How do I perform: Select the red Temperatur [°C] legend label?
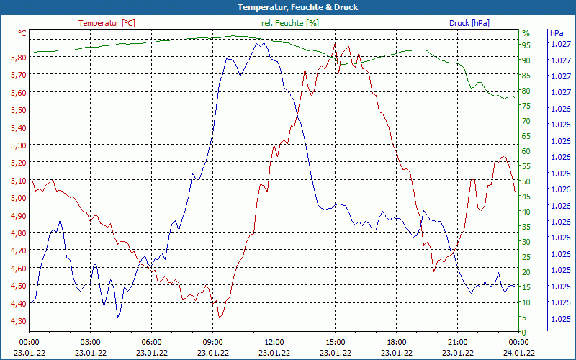(x=107, y=23)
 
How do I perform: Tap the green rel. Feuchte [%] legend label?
(x=289, y=23)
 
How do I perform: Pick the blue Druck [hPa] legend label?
(x=469, y=23)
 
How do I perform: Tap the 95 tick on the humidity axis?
(x=526, y=45)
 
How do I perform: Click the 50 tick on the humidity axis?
(x=526, y=181)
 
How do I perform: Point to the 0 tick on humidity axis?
(x=524, y=332)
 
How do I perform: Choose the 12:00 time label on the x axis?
(x=274, y=342)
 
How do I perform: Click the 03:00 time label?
(x=91, y=342)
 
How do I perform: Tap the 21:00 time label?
(x=458, y=342)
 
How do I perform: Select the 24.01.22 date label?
(x=519, y=353)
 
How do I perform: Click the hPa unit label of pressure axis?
(x=557, y=33)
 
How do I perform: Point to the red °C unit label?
(x=22, y=33)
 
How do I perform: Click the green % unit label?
(x=526, y=33)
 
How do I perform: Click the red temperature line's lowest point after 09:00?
(x=220, y=318)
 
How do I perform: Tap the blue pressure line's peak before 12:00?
(x=257, y=42)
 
